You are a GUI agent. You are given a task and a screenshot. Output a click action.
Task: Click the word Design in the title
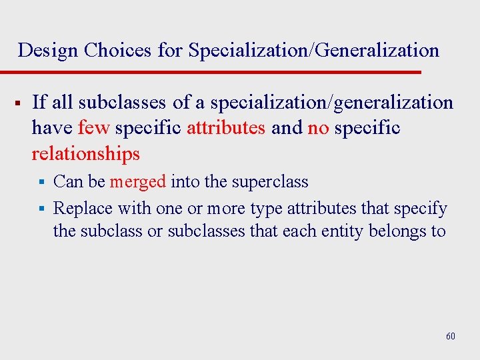47,51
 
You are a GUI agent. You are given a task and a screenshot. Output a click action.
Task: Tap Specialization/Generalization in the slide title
314,51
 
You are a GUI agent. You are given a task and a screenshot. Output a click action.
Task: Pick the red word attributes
226,128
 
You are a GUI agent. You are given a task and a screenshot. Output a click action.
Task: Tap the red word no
318,128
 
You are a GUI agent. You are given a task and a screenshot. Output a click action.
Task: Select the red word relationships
86,154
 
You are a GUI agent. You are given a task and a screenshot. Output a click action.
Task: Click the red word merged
138,181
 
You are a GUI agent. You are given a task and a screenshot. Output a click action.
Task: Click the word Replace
83,208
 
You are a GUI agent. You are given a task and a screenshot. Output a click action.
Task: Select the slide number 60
450,336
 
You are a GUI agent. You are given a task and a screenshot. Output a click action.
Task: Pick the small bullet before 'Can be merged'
42,182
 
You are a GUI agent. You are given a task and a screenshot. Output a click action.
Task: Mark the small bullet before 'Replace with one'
42,209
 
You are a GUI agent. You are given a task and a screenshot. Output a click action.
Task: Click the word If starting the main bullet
39,102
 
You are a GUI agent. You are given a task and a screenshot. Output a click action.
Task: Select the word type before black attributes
267,209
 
